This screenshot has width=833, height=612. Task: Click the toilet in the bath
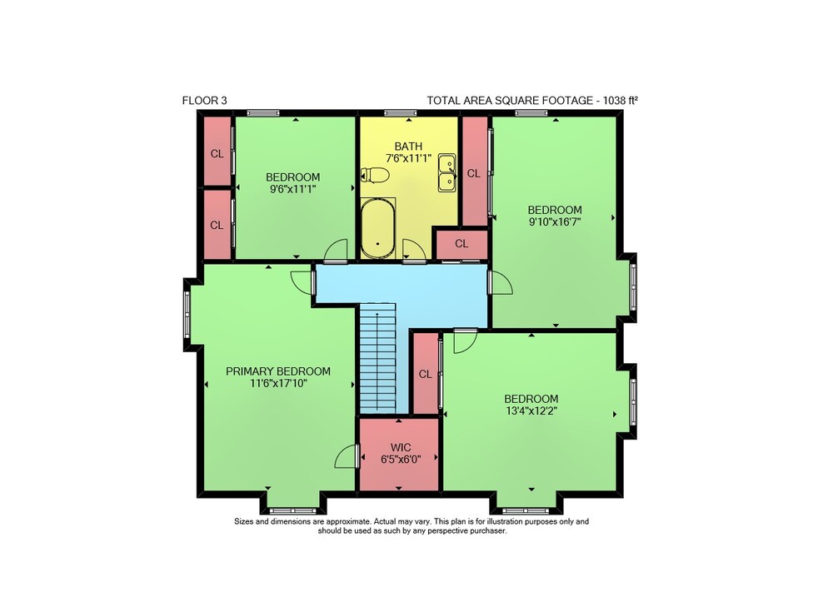tap(375, 175)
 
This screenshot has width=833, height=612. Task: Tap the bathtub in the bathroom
tap(377, 228)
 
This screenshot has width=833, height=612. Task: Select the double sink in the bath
tap(446, 172)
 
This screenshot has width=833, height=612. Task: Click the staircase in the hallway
tap(377, 357)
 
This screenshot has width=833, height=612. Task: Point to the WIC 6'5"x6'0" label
tap(401, 454)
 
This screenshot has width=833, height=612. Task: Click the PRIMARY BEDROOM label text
tap(278, 371)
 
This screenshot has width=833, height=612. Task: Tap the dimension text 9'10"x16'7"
tap(555, 221)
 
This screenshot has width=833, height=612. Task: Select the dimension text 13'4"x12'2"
tap(531, 410)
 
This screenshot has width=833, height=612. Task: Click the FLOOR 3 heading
tap(205, 101)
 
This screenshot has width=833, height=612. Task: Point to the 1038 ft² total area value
tap(620, 101)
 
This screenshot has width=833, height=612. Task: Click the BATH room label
tap(408, 146)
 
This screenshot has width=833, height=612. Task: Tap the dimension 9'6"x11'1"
tap(292, 188)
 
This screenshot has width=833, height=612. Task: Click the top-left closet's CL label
tap(217, 154)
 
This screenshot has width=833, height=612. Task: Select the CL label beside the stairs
tap(425, 375)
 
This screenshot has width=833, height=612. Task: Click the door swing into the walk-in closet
tap(347, 456)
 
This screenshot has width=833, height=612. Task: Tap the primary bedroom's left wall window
tap(187, 314)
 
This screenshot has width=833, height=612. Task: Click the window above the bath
tap(401, 112)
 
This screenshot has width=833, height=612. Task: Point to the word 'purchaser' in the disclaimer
tap(487, 530)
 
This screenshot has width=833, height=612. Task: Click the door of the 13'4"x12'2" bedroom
tap(465, 341)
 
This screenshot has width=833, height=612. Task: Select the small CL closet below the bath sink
tap(461, 244)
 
